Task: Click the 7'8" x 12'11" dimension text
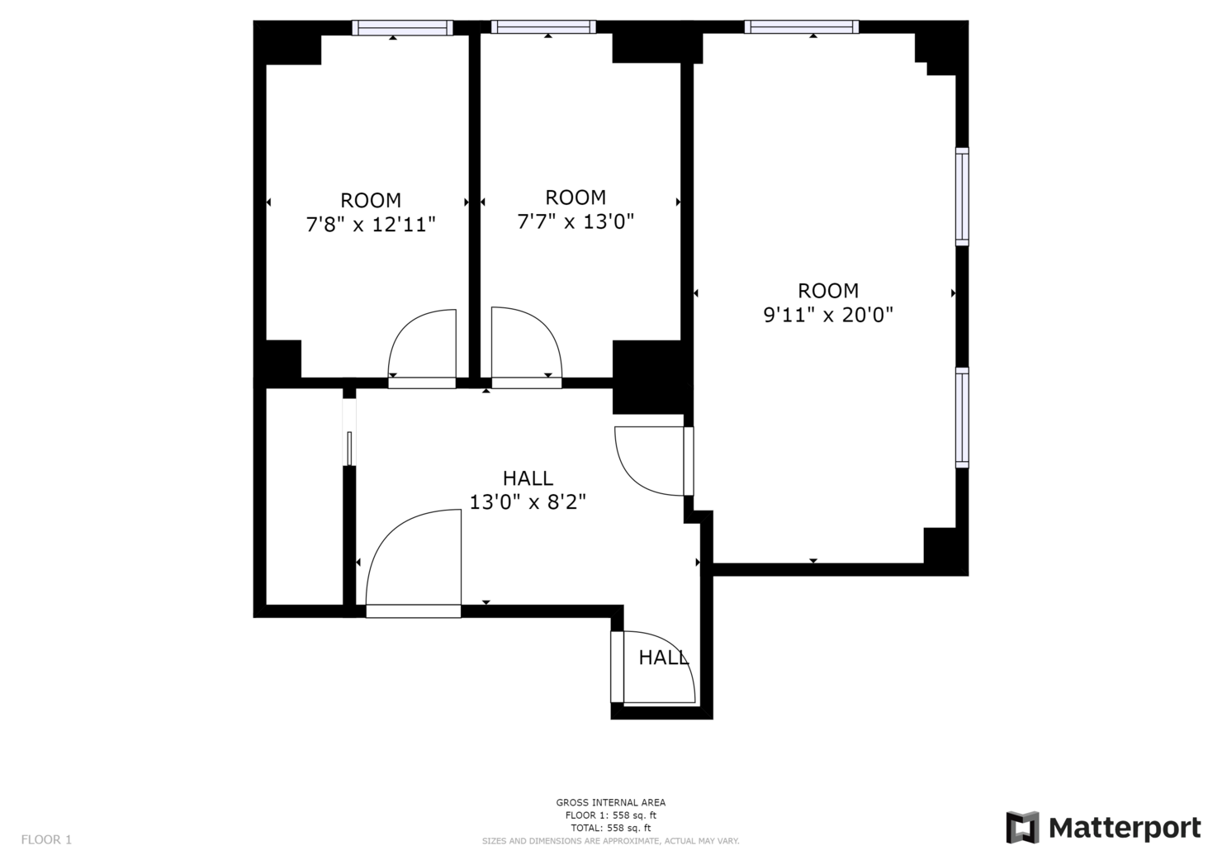tap(371, 225)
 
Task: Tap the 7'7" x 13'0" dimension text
tap(575, 221)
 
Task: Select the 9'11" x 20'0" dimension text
tap(828, 315)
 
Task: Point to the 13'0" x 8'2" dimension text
tap(528, 502)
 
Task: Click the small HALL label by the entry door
tap(663, 658)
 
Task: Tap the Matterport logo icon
tap(1022, 827)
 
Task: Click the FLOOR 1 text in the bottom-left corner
tap(46, 839)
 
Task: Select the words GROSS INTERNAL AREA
tap(610, 802)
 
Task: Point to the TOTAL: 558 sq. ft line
tap(610, 828)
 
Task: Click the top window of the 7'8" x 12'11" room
tap(402, 27)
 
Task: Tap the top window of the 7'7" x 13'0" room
tap(543, 27)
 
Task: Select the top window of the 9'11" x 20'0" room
tap(801, 27)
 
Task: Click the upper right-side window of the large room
tap(962, 197)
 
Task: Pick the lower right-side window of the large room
tap(962, 417)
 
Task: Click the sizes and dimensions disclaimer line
tap(610, 841)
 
